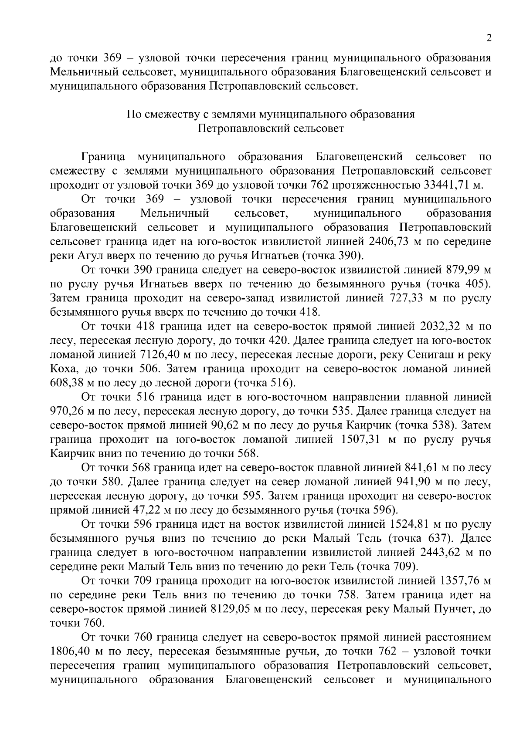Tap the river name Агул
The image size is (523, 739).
[86, 255]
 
